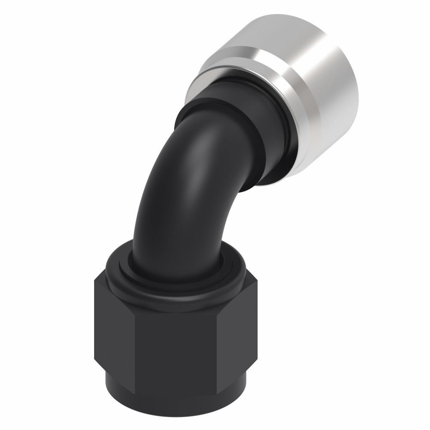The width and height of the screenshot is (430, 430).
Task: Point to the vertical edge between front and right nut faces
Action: point(217,340)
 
